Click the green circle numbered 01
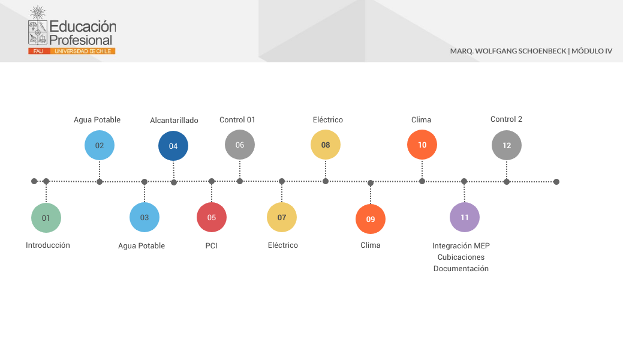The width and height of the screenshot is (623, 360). pos(46,218)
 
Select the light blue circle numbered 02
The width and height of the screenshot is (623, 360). pos(100,145)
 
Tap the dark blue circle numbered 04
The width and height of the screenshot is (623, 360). pos(173,146)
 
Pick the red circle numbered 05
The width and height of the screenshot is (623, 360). pos(212,217)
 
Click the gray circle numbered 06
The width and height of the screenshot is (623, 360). pos(240,145)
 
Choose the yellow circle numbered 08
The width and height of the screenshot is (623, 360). pos(326,145)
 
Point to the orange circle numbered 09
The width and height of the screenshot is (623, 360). pos(371,219)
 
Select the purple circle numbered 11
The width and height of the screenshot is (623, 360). pos(465,217)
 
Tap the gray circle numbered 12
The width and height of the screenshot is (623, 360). pos(507,145)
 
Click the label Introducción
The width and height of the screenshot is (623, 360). pos(48,245)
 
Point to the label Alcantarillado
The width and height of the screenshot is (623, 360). pos(174,121)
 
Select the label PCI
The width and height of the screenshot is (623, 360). pos(211,245)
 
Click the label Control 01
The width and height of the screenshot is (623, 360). pos(237,120)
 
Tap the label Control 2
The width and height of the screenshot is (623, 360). pos(506,119)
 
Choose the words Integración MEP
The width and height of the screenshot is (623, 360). pos(461,245)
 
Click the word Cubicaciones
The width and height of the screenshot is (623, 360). pos(461,257)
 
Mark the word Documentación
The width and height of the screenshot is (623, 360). pos(461,269)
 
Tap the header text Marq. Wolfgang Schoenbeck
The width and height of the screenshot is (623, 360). pos(508,51)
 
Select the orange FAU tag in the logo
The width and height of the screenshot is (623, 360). pos(38,52)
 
